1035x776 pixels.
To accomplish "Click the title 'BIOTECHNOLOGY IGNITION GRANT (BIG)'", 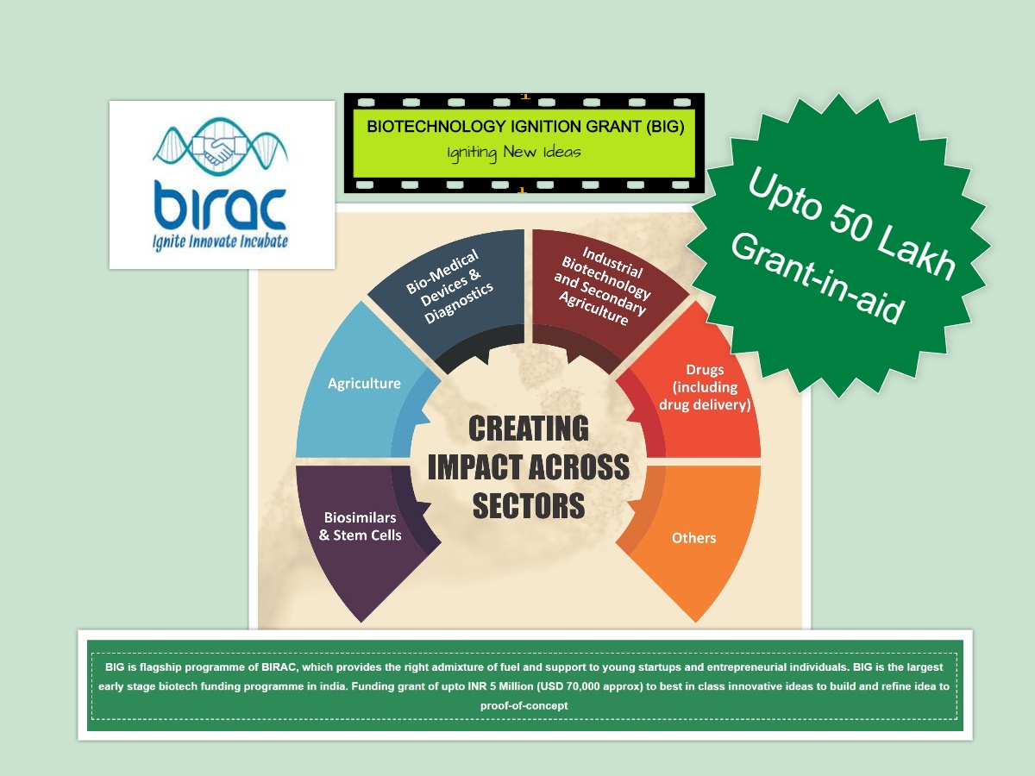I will pyautogui.click(x=525, y=126).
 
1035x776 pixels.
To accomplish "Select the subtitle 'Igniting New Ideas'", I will pyautogui.click(x=514, y=153).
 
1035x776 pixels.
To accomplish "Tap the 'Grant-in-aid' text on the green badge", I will pyautogui.click(x=817, y=278).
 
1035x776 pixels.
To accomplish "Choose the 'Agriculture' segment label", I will pyautogui.click(x=364, y=383).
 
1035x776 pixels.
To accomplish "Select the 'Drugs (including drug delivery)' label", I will pyautogui.click(x=705, y=387).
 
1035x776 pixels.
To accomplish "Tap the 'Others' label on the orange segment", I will pyautogui.click(x=693, y=538).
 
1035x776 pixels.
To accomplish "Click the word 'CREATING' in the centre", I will pyautogui.click(x=528, y=429).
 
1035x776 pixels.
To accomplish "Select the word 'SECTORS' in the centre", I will pyautogui.click(x=528, y=505).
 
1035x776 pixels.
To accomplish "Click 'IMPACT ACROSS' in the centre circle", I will pyautogui.click(x=528, y=467).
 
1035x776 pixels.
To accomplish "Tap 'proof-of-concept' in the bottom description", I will pyautogui.click(x=524, y=705).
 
